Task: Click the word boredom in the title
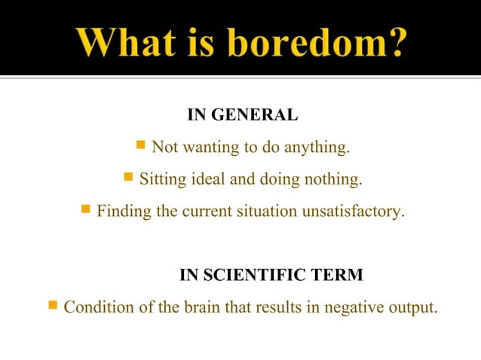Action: click(x=316, y=41)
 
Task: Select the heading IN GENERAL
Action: click(x=242, y=116)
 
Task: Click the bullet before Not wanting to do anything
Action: click(x=139, y=145)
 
